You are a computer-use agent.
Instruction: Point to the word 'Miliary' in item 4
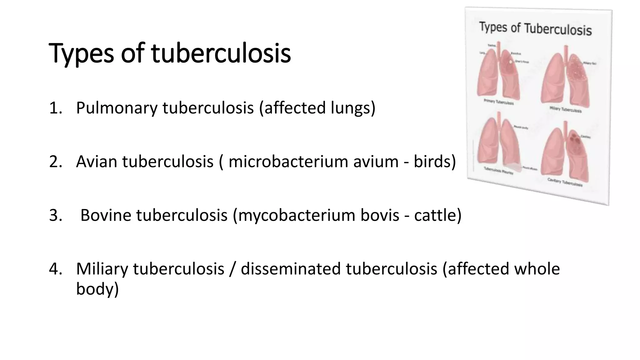click(102, 269)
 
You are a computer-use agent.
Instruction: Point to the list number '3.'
click(56, 216)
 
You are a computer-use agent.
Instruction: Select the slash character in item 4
click(232, 269)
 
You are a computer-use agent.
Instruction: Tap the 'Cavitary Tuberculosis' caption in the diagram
click(565, 182)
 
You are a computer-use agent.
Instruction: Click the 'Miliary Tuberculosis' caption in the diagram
click(566, 109)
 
